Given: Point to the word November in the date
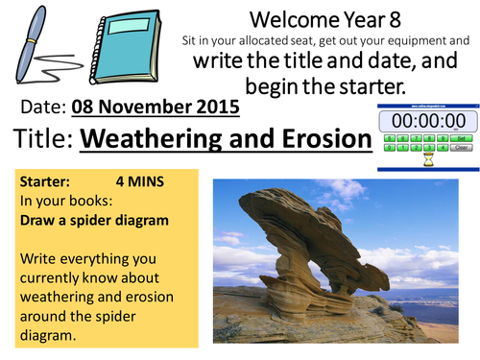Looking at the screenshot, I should pyautogui.click(x=147, y=107).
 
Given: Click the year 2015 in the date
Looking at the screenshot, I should pyautogui.click(x=215, y=107).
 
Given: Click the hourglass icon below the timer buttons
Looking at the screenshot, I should pyautogui.click(x=428, y=160).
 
